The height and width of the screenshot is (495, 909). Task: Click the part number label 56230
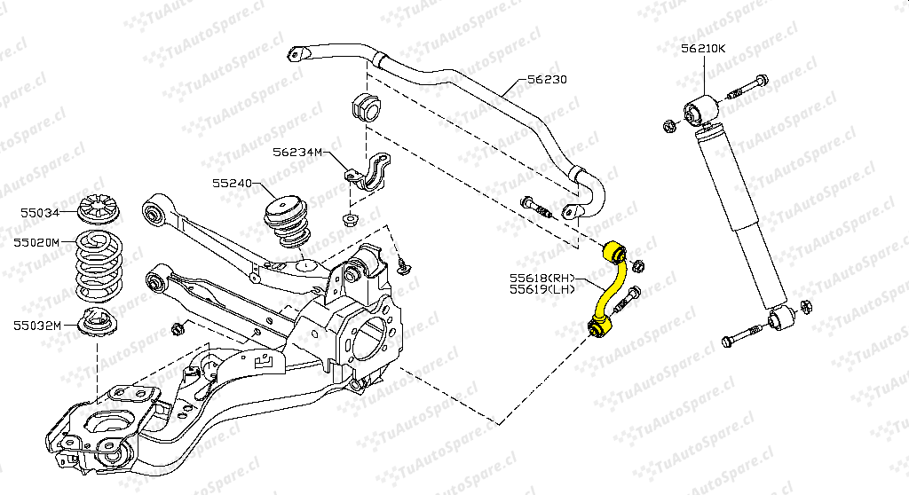(547, 79)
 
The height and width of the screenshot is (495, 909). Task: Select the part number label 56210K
(703, 48)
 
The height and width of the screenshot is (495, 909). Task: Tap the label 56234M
(297, 152)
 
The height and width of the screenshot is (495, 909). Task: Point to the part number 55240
(232, 184)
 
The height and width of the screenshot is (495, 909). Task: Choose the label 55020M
(36, 241)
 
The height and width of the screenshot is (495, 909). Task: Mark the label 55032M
(36, 325)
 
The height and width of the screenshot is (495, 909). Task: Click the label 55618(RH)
(541, 277)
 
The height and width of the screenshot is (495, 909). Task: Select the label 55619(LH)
(541, 289)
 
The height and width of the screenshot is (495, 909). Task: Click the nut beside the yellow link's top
(640, 266)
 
